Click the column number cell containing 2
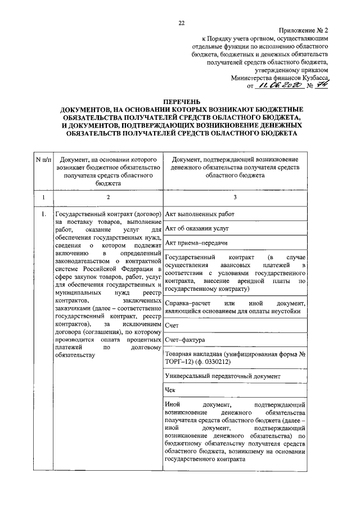click(107, 197)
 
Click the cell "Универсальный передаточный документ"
click(222, 375)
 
